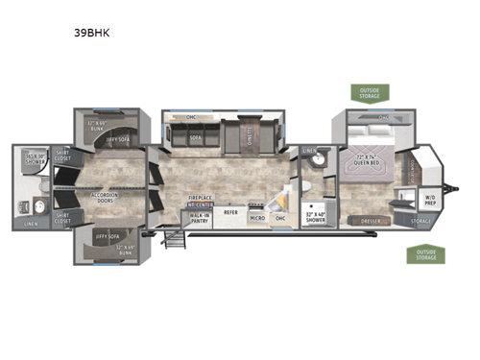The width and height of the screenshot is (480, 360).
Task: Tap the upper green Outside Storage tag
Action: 370,93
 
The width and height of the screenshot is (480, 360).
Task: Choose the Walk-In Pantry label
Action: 199,218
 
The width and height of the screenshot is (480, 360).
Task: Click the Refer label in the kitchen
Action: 230,212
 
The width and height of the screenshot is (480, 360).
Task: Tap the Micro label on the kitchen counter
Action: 257,219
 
